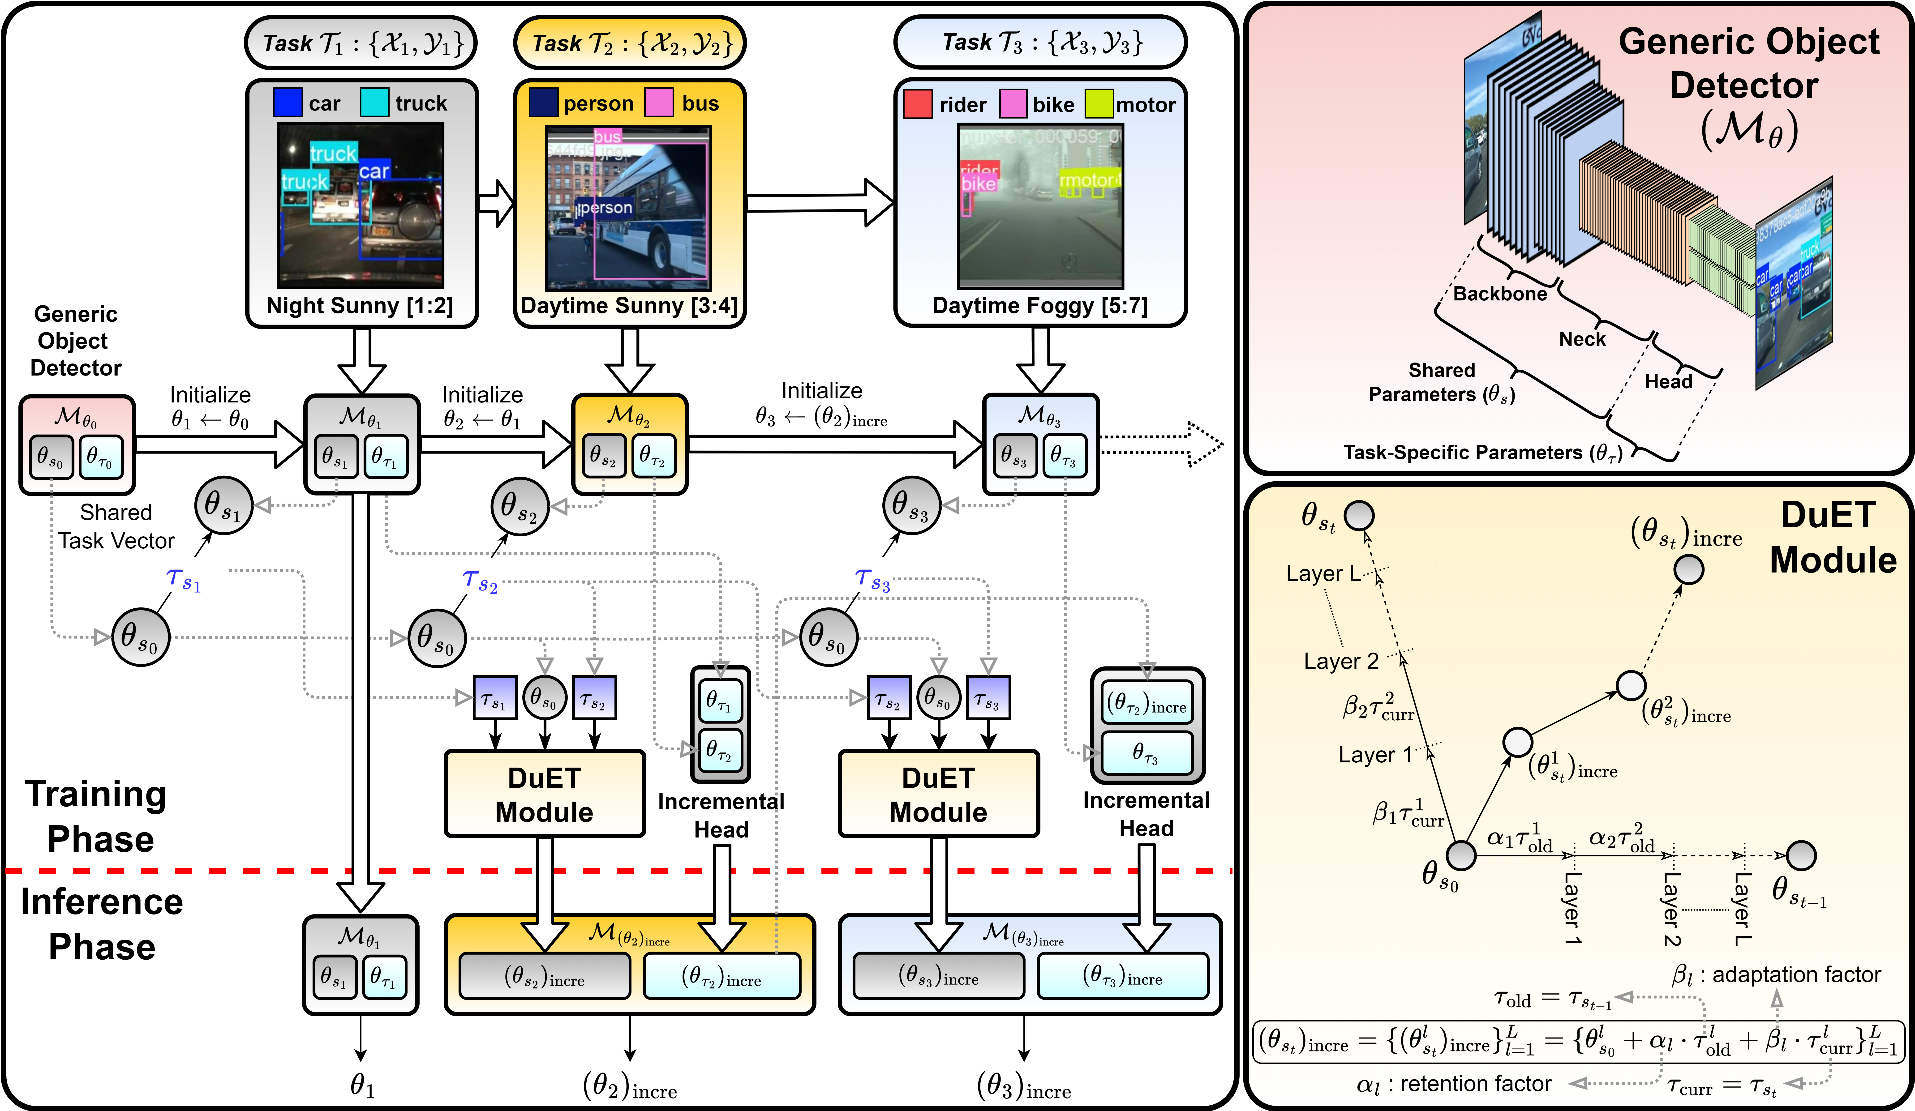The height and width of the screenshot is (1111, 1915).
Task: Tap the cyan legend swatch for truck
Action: coord(374,103)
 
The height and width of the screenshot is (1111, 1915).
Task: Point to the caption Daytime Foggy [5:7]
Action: coord(1039,305)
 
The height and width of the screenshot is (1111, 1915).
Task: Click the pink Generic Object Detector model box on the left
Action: coord(77,444)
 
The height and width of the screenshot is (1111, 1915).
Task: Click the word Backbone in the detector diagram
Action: coord(1499,294)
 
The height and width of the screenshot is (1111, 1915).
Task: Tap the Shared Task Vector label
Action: coord(116,527)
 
